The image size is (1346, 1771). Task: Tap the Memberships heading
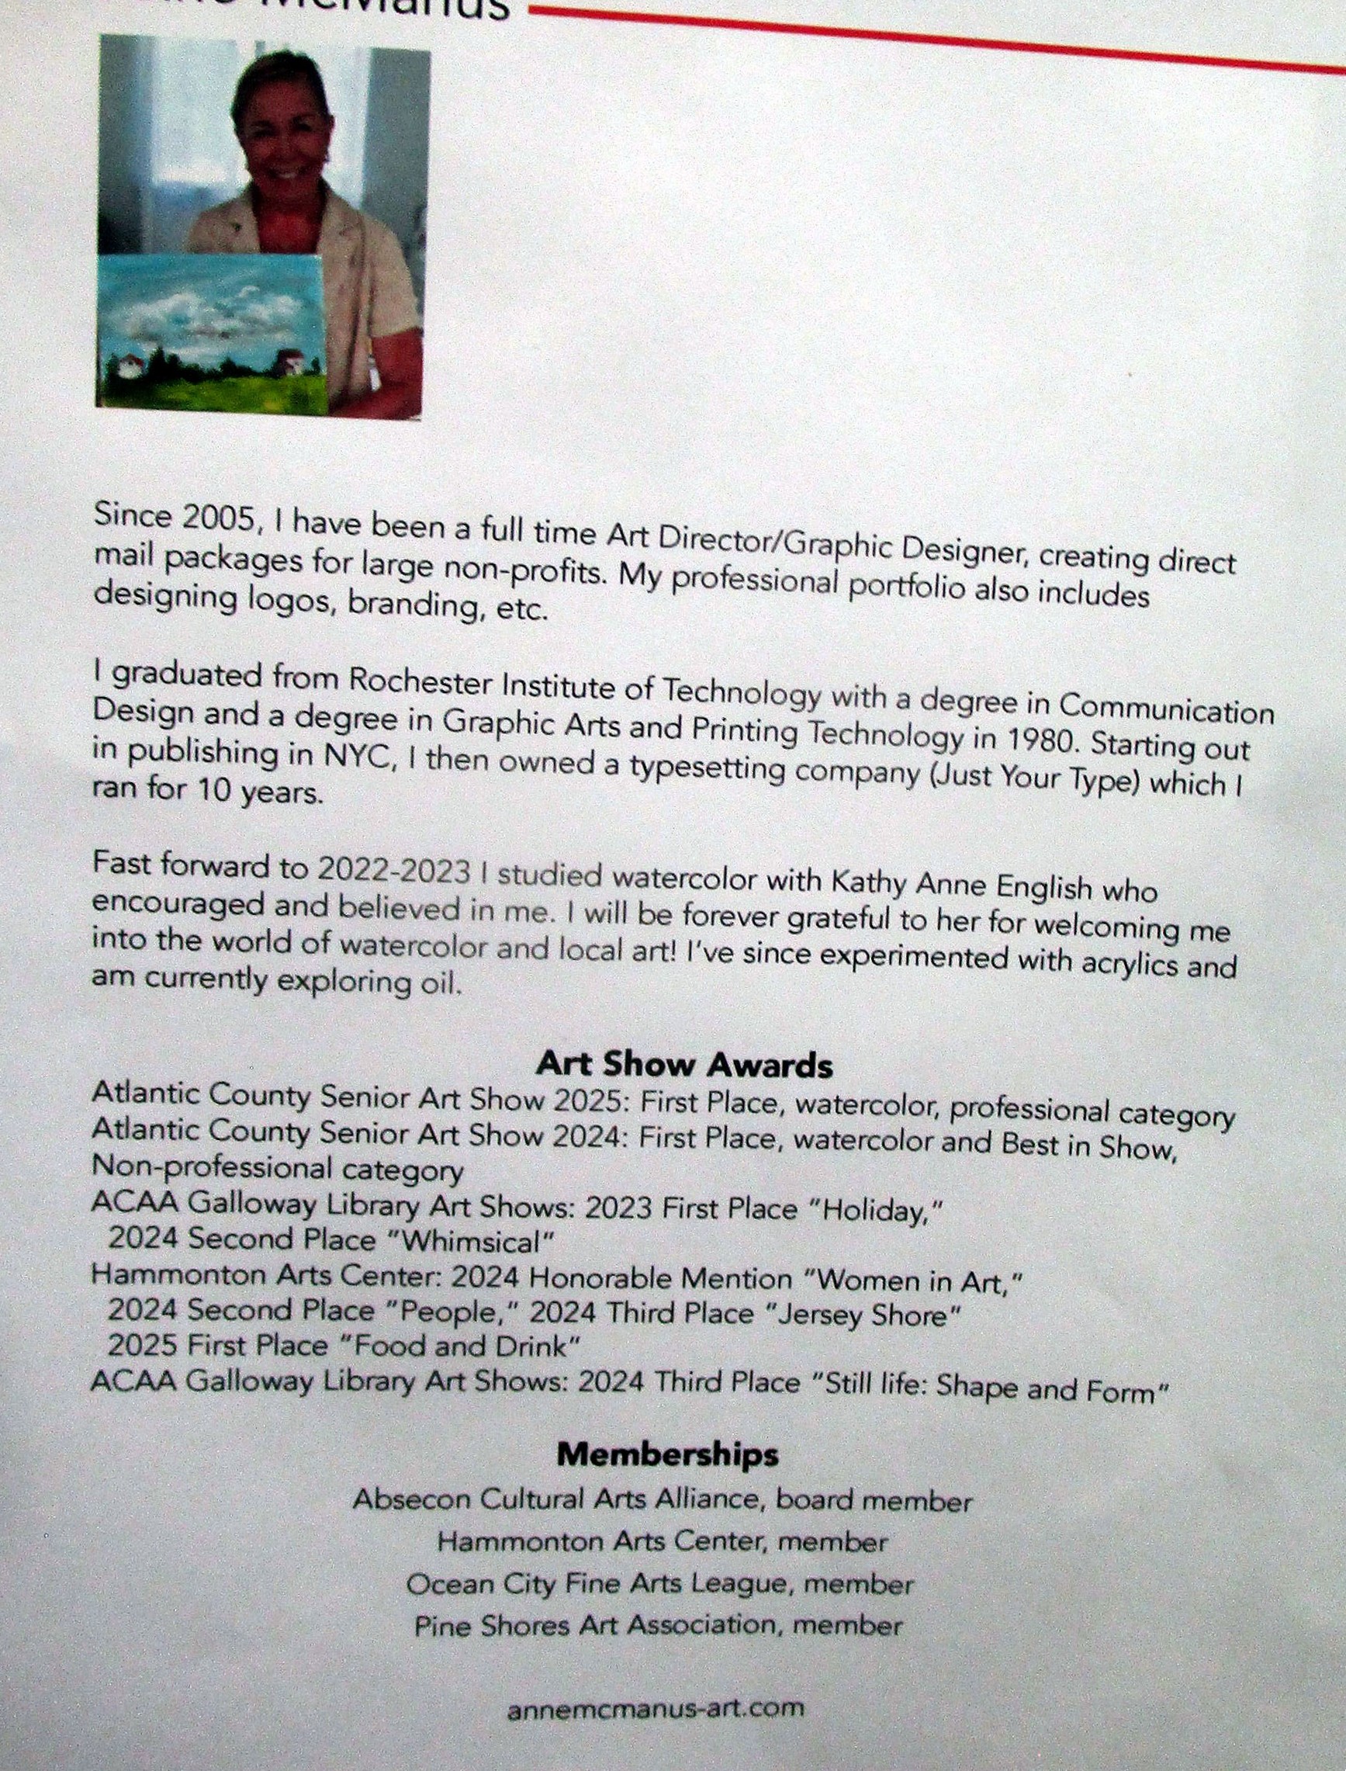pos(667,1454)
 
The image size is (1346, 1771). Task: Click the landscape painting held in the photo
pos(212,337)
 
